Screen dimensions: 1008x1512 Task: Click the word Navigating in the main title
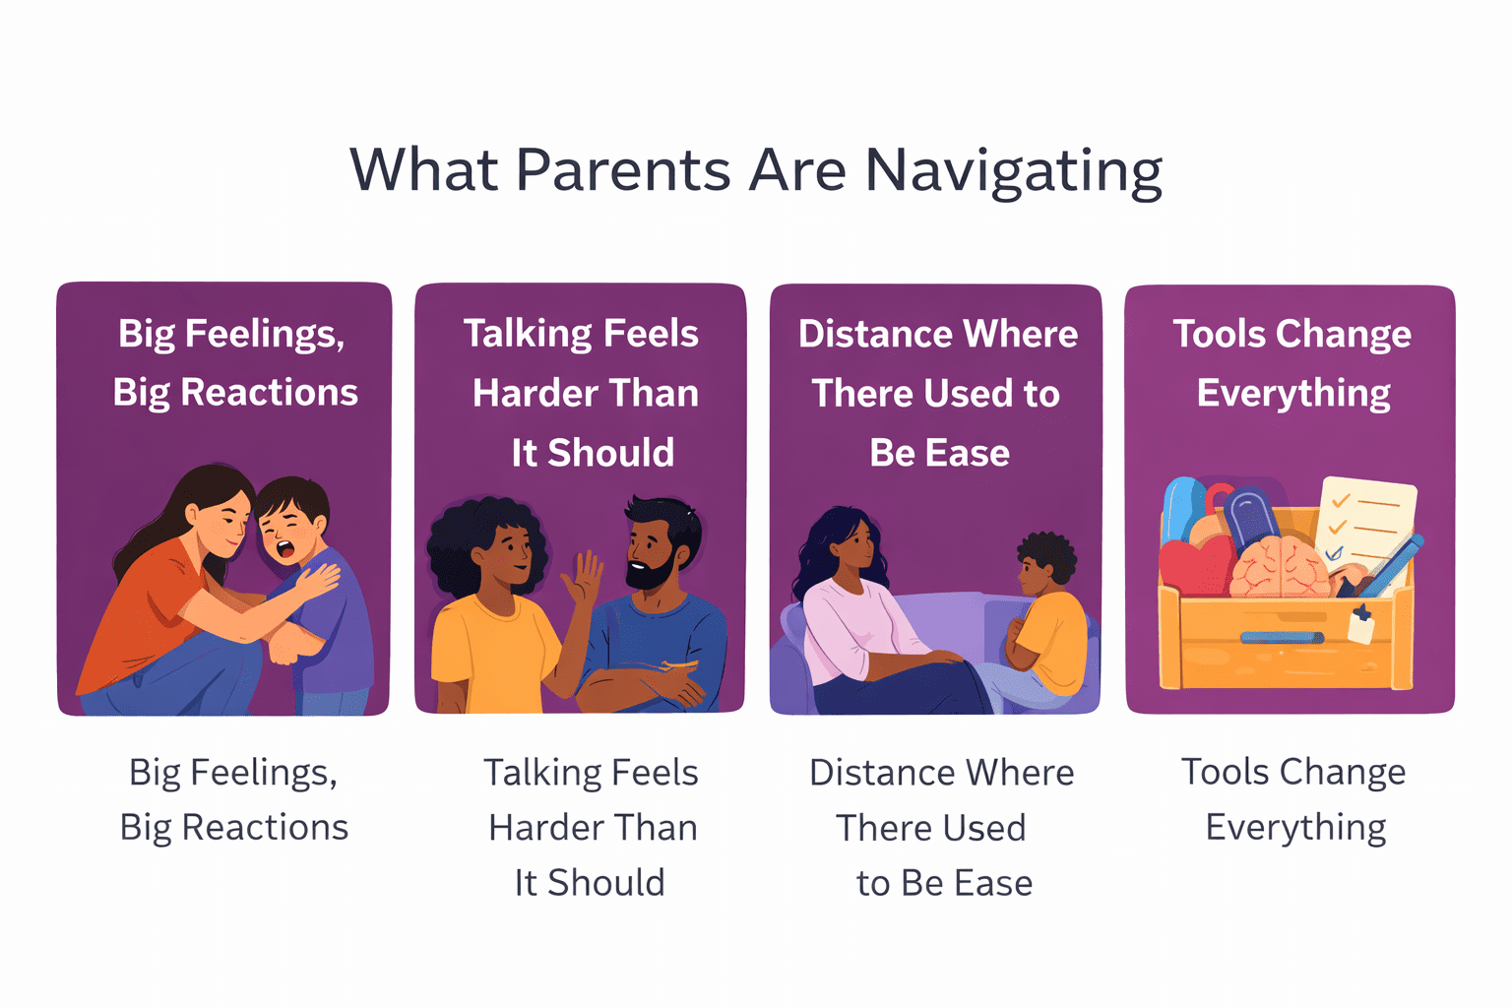(x=1013, y=171)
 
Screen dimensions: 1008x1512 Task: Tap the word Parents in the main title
(x=622, y=169)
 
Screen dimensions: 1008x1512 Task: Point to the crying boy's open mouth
(x=286, y=547)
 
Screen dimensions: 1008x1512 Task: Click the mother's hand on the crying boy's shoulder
(x=317, y=580)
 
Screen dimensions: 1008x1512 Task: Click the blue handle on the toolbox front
(x=1281, y=637)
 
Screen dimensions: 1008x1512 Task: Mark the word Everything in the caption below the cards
(x=1295, y=828)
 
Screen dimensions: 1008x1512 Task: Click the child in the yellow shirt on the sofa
(x=1049, y=620)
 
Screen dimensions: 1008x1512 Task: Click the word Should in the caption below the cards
(x=605, y=883)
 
